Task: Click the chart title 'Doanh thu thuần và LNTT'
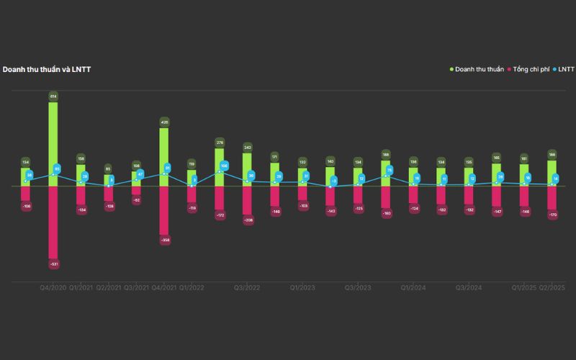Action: click(46, 69)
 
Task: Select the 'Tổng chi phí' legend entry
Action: click(529, 69)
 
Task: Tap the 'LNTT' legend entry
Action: click(565, 69)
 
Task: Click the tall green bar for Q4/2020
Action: click(53, 144)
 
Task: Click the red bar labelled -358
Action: click(164, 210)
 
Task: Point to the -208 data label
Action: click(248, 220)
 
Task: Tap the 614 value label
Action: click(53, 96)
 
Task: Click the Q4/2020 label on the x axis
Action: click(53, 287)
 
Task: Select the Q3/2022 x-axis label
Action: click(247, 287)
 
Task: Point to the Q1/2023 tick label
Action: click(303, 287)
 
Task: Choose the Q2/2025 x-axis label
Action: click(552, 287)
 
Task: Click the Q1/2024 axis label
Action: click(414, 287)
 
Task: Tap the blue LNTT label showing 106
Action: click(225, 166)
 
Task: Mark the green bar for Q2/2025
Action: click(552, 173)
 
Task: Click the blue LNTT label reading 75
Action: click(390, 171)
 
